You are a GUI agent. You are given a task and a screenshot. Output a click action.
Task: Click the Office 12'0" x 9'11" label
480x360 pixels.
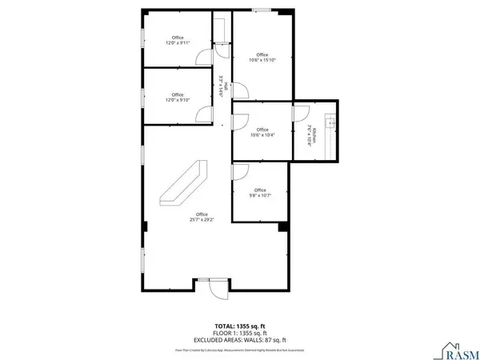(178, 40)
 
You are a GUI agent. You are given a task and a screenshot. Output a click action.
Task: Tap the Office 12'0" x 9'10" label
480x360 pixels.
(178, 97)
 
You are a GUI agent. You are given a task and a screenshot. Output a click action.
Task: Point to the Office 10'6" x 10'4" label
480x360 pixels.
(261, 132)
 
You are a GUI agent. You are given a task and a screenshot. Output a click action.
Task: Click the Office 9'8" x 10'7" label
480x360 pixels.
(260, 192)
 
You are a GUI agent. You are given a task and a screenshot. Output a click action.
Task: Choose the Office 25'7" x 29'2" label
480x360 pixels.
(199, 216)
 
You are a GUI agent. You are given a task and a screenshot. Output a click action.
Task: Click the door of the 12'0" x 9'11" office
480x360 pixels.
(205, 54)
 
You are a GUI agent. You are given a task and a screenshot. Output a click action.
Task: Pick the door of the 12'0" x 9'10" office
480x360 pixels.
(205, 111)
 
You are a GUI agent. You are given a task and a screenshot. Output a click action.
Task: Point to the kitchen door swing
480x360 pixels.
(302, 112)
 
